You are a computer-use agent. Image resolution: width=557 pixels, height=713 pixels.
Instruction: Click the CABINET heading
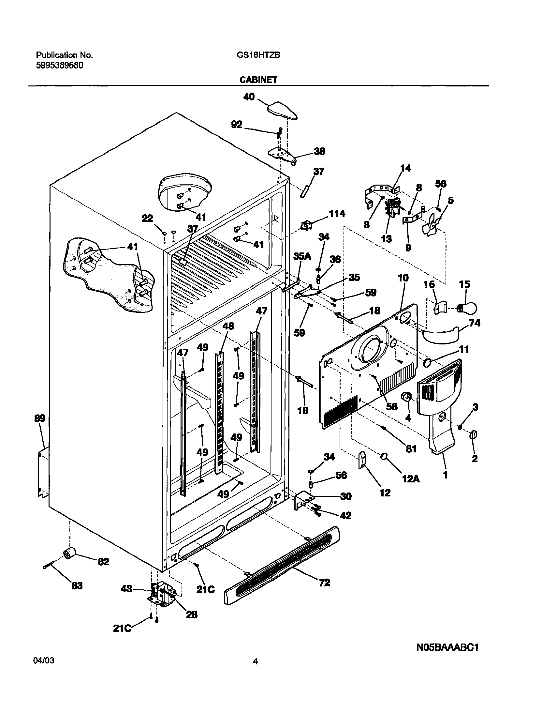pos(258,80)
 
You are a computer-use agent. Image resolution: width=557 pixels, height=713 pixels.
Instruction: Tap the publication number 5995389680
pos(59,66)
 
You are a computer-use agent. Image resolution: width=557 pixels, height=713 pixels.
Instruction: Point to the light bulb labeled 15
pos(468,308)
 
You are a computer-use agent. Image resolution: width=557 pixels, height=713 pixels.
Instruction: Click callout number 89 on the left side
pos(40,418)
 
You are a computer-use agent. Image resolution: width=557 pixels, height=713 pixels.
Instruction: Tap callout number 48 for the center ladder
pos(228,326)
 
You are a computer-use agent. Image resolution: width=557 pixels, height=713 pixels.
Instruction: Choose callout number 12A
pos(411,479)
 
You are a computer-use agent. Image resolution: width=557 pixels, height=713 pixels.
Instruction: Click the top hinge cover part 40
pos(283,110)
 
